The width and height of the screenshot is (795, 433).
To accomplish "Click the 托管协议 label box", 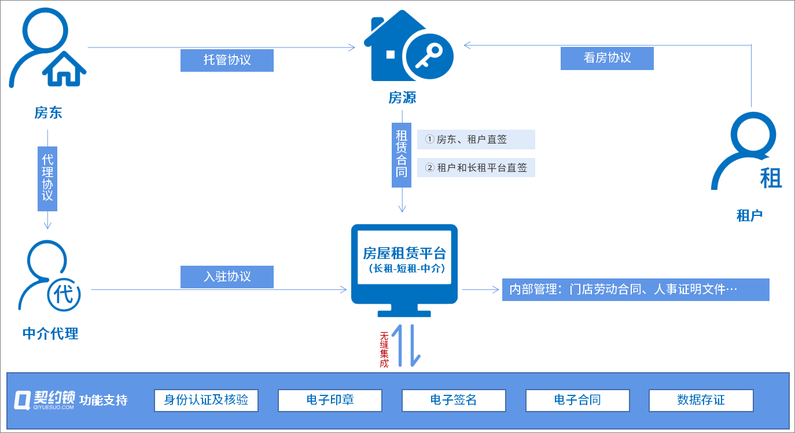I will tap(227, 60).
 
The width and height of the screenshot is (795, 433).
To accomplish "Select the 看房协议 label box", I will tap(607, 58).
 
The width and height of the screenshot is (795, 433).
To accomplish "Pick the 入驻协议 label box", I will tap(227, 277).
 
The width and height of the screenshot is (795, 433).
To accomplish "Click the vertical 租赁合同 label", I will tap(402, 154).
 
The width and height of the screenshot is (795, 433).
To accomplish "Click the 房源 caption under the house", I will tap(402, 98).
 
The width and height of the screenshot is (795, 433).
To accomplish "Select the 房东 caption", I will tap(48, 112).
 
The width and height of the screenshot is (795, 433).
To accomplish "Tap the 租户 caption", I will tap(749, 215).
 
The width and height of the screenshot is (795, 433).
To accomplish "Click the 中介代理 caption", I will tap(50, 333).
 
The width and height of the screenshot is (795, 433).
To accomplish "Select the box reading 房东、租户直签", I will tap(476, 140).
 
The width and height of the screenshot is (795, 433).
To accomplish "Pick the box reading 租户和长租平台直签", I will tap(476, 168).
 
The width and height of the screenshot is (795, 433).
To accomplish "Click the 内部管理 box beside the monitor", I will tap(635, 289).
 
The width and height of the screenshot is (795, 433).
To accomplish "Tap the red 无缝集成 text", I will tap(384, 350).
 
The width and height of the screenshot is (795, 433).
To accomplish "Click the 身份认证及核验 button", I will tap(206, 400).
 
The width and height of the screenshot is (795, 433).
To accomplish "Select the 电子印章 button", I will tap(330, 400).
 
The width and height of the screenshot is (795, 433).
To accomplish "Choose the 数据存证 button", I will tap(701, 400).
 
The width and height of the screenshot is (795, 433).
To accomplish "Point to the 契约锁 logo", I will tap(45, 399).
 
